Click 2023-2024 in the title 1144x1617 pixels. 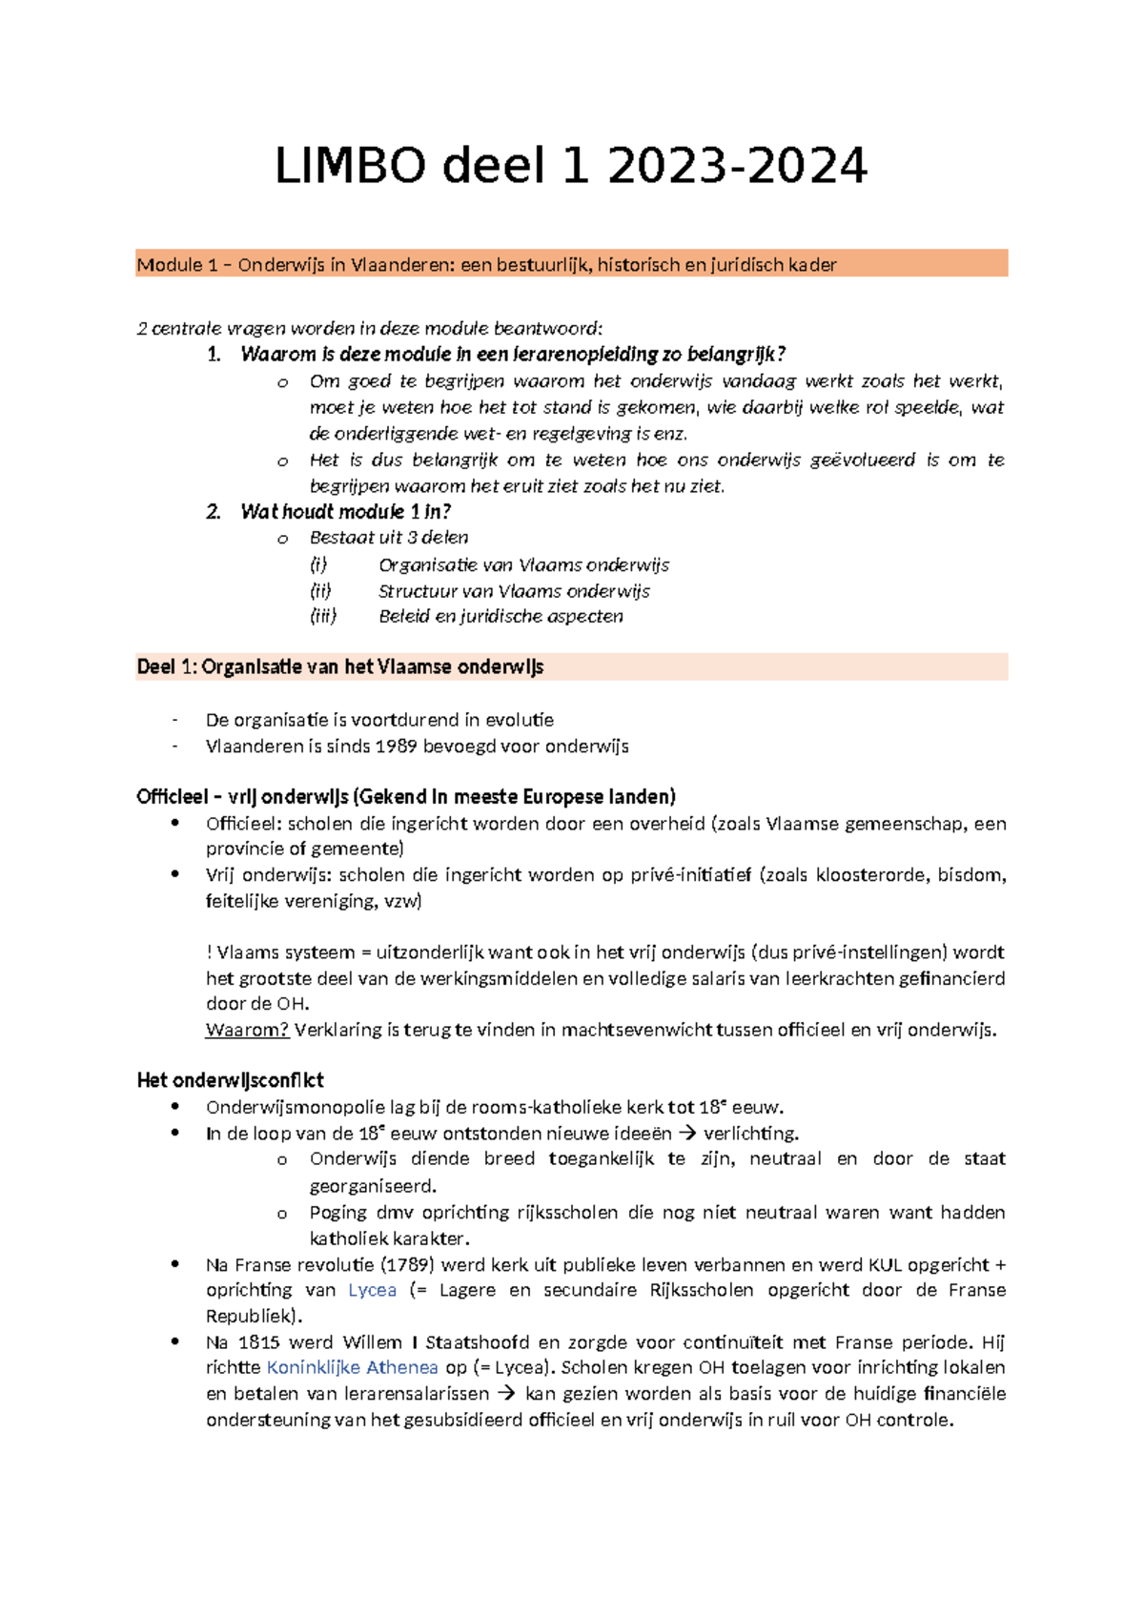737,166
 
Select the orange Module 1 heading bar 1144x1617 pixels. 571,264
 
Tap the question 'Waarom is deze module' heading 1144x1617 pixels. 513,355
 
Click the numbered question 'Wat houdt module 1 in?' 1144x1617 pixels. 345,512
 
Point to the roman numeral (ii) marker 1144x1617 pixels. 320,591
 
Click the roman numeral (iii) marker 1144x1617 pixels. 323,617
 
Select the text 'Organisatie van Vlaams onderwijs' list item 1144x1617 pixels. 523,565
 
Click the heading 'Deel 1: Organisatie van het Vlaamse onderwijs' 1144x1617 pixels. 340,667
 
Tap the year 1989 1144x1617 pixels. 396,747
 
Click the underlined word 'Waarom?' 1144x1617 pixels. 247,1031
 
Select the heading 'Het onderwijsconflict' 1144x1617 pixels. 230,1080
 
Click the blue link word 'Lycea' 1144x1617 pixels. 372,1291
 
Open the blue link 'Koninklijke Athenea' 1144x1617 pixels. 352,1368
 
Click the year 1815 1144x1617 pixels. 258,1342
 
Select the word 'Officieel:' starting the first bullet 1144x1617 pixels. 243,824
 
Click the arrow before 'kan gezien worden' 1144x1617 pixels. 507,1394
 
